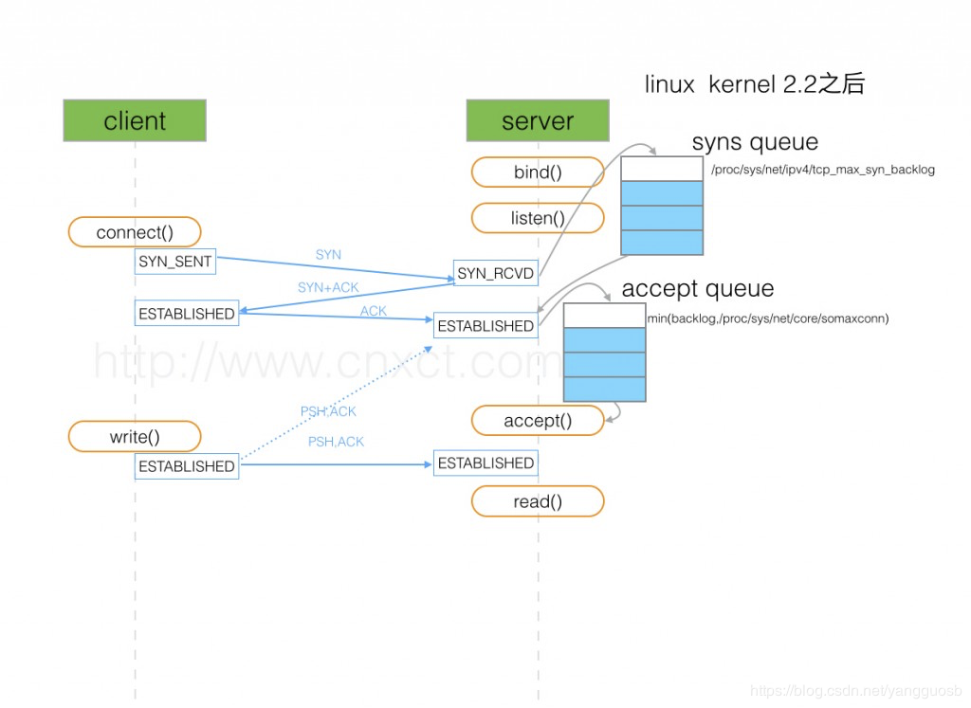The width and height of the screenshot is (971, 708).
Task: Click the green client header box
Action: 135,121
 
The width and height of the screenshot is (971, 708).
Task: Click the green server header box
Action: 538,121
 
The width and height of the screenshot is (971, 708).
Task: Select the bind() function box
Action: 538,172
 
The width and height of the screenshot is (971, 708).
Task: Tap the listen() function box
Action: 538,218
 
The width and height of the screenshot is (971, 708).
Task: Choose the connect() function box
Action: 135,232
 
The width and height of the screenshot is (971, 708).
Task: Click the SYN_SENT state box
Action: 175,262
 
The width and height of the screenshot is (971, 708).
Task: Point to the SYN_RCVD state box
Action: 496,274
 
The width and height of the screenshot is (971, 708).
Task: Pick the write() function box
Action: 135,437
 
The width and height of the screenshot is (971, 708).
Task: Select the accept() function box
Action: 538,421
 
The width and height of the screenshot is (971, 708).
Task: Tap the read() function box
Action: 538,502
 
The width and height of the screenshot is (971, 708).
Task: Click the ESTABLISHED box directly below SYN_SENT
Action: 186,314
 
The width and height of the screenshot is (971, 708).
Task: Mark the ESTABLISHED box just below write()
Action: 186,466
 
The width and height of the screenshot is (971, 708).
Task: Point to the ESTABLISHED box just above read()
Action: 485,463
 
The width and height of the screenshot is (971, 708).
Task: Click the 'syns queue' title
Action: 755,143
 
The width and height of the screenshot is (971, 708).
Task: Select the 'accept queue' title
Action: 697,288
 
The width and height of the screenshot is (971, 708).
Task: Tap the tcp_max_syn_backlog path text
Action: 822,170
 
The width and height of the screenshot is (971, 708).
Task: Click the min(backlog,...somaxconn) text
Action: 768,318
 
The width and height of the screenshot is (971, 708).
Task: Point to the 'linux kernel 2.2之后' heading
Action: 754,84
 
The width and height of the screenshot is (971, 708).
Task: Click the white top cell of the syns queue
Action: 662,169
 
